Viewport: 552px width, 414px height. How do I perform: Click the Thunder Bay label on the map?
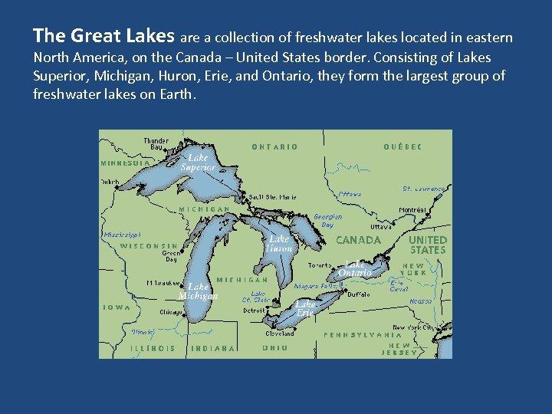click(x=156, y=143)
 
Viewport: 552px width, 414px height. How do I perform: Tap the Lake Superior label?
click(x=198, y=162)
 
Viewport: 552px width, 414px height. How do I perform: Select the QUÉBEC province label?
click(x=402, y=146)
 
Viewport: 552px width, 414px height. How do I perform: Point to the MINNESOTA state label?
click(x=126, y=163)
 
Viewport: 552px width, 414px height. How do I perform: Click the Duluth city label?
click(x=110, y=182)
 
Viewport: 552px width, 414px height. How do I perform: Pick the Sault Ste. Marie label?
click(x=271, y=197)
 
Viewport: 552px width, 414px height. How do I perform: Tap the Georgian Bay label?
click(x=327, y=221)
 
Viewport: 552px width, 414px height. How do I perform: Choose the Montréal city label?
click(x=412, y=210)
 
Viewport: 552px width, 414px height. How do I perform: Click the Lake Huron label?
click(x=279, y=244)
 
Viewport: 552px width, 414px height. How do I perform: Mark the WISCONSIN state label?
click(x=149, y=246)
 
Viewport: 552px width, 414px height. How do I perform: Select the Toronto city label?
click(x=320, y=265)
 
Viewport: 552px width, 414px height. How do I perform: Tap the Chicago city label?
click(x=171, y=312)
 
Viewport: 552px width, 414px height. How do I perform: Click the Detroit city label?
click(x=254, y=310)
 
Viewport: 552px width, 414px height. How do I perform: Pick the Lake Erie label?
click(x=305, y=308)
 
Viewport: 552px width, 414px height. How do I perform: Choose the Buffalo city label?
click(x=358, y=294)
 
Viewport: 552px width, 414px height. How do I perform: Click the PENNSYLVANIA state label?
click(x=363, y=335)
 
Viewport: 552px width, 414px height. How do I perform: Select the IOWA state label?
click(x=117, y=307)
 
